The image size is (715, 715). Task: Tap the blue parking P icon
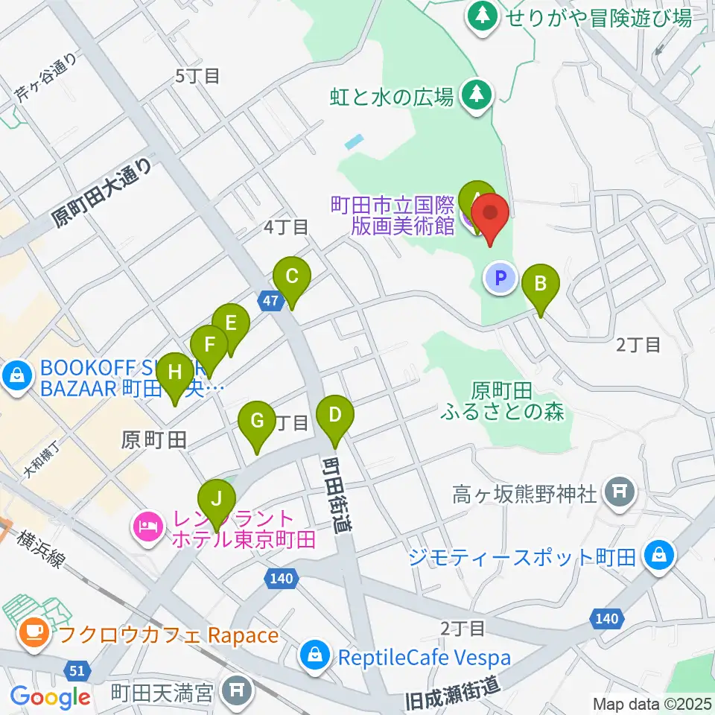(x=501, y=279)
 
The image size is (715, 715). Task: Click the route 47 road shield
(x=271, y=301)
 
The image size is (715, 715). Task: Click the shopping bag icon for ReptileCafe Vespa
(x=314, y=657)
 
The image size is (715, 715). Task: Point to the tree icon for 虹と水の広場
(x=476, y=95)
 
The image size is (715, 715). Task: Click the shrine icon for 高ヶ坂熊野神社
(x=619, y=492)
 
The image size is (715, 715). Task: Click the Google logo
(x=51, y=697)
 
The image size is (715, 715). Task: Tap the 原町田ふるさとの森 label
(x=512, y=401)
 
